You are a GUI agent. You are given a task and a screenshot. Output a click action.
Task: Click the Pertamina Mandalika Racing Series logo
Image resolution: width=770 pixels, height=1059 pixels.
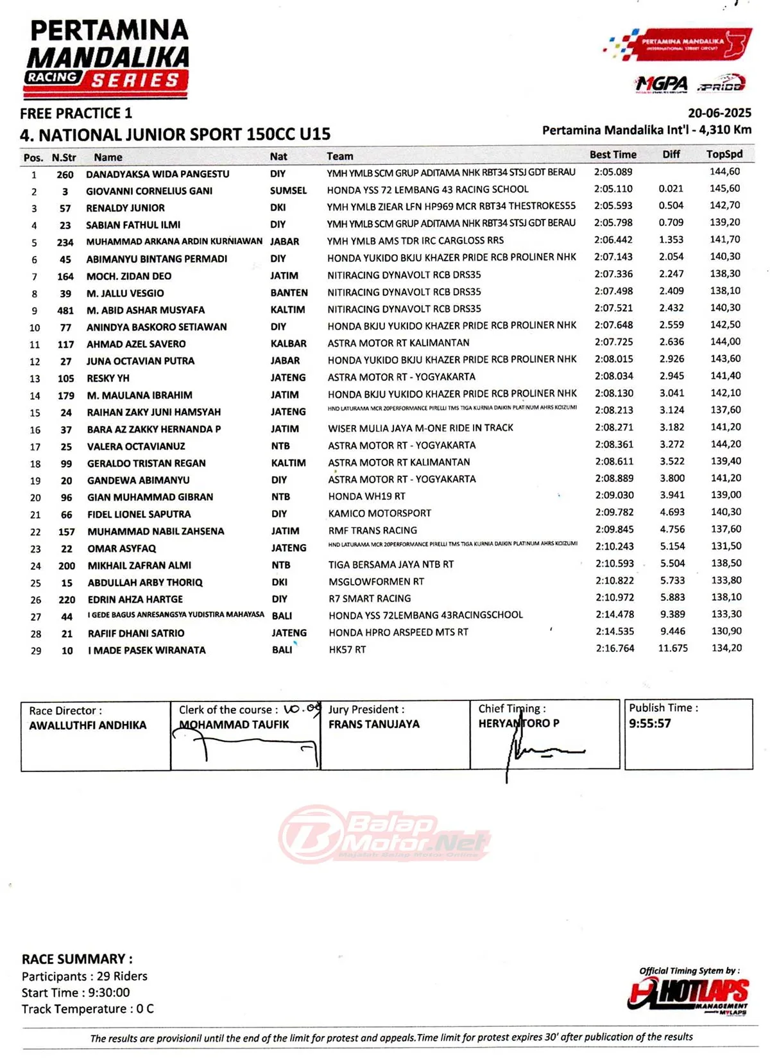click(107, 58)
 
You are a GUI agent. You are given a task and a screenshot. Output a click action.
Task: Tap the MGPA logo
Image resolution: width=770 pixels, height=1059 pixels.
click(661, 84)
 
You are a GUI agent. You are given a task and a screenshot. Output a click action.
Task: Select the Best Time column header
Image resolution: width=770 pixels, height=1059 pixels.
click(613, 155)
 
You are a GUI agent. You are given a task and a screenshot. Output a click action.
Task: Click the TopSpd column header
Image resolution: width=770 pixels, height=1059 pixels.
click(724, 154)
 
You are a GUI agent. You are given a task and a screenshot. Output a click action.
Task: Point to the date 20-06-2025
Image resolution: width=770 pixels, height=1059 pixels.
click(719, 113)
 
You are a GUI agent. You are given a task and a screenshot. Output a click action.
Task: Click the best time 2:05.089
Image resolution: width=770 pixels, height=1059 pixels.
click(613, 172)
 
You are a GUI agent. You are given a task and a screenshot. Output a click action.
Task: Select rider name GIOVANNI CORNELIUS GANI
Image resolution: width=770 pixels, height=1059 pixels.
click(149, 191)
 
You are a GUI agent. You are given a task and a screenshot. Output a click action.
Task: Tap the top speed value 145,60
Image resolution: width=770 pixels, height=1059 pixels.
click(724, 189)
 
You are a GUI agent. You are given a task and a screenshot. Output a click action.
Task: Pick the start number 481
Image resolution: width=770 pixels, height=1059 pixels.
click(65, 310)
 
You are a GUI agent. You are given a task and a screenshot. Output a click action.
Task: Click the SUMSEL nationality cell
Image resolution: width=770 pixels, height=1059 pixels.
click(288, 191)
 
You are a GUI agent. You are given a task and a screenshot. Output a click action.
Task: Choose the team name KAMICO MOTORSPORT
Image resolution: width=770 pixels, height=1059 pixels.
click(379, 513)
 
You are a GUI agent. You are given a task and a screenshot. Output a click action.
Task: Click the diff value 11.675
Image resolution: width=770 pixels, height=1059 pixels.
click(672, 648)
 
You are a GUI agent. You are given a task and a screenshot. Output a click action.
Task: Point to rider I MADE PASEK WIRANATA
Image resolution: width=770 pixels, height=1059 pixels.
click(146, 650)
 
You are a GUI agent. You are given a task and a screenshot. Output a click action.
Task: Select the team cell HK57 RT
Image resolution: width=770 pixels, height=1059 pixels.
click(347, 650)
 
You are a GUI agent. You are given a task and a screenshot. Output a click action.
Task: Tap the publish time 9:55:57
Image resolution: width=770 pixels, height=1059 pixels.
click(649, 723)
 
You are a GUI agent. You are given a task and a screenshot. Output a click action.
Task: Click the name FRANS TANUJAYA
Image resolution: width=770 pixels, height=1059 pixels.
click(373, 724)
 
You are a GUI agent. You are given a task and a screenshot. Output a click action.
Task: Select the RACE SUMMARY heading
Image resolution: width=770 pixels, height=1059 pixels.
click(77, 959)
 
